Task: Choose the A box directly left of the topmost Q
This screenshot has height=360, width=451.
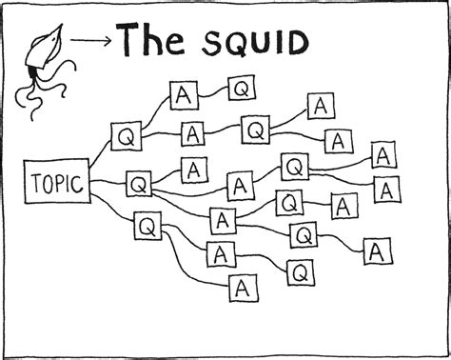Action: tap(183, 94)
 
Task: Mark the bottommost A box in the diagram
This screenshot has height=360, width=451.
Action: tap(245, 286)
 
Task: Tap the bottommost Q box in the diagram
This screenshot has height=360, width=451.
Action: tap(301, 273)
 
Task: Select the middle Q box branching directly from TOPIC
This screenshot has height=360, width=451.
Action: tap(139, 181)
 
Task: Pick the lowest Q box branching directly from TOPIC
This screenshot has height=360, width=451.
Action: tap(148, 227)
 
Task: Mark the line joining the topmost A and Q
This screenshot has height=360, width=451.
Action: tap(211, 92)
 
